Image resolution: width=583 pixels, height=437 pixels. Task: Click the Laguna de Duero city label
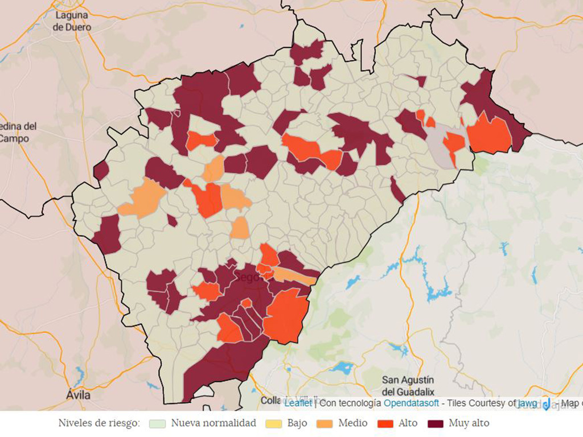pyautogui.click(x=72, y=21)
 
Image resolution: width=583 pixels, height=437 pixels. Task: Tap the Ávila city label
pyautogui.click(x=78, y=394)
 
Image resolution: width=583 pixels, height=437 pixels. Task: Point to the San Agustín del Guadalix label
pyautogui.click(x=408, y=386)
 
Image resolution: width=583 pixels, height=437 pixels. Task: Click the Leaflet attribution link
pyautogui.click(x=298, y=403)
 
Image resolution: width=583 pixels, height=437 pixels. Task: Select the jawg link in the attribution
pyautogui.click(x=527, y=403)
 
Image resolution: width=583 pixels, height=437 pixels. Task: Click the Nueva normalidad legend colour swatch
pyautogui.click(x=157, y=423)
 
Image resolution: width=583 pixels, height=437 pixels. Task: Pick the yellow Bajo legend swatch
pyautogui.click(x=274, y=423)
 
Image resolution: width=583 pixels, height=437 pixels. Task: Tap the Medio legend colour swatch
pyautogui.click(x=325, y=423)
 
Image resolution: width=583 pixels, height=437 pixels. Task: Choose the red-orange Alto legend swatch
pyautogui.click(x=385, y=423)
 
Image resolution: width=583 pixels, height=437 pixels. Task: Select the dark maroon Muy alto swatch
pyautogui.click(x=436, y=423)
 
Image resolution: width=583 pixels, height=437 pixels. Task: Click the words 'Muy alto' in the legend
pyautogui.click(x=469, y=423)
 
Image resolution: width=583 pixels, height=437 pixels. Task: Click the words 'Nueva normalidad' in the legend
pyautogui.click(x=214, y=423)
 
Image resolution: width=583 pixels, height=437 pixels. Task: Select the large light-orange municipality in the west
pyautogui.click(x=142, y=199)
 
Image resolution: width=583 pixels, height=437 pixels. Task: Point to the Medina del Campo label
pyautogui.click(x=17, y=132)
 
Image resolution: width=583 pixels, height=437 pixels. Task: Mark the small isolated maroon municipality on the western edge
pyautogui.click(x=101, y=170)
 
